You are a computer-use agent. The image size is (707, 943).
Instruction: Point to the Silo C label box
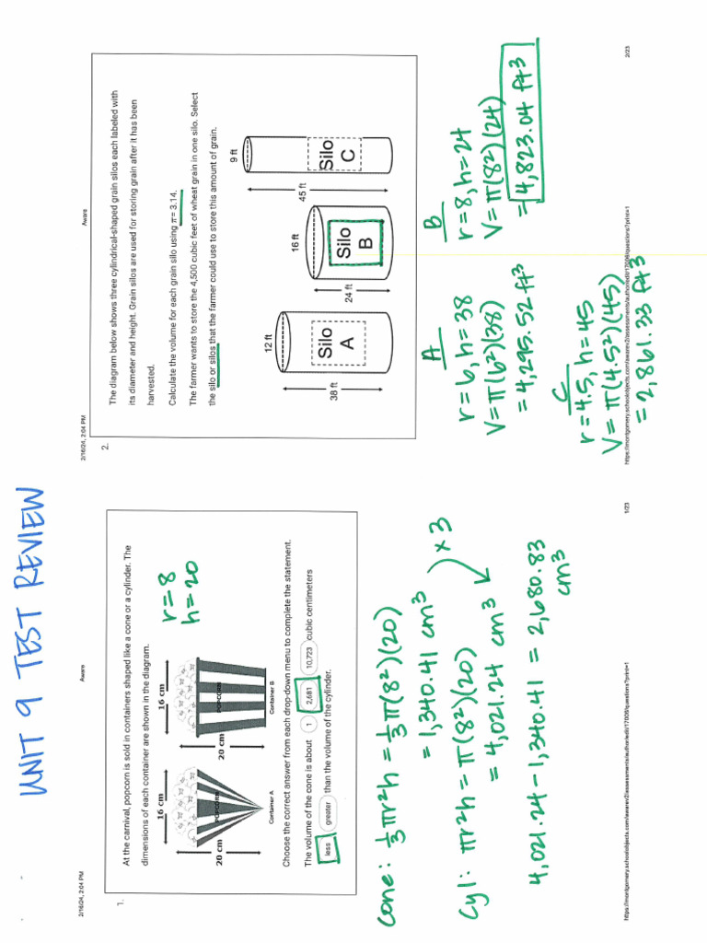pyautogui.click(x=334, y=156)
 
